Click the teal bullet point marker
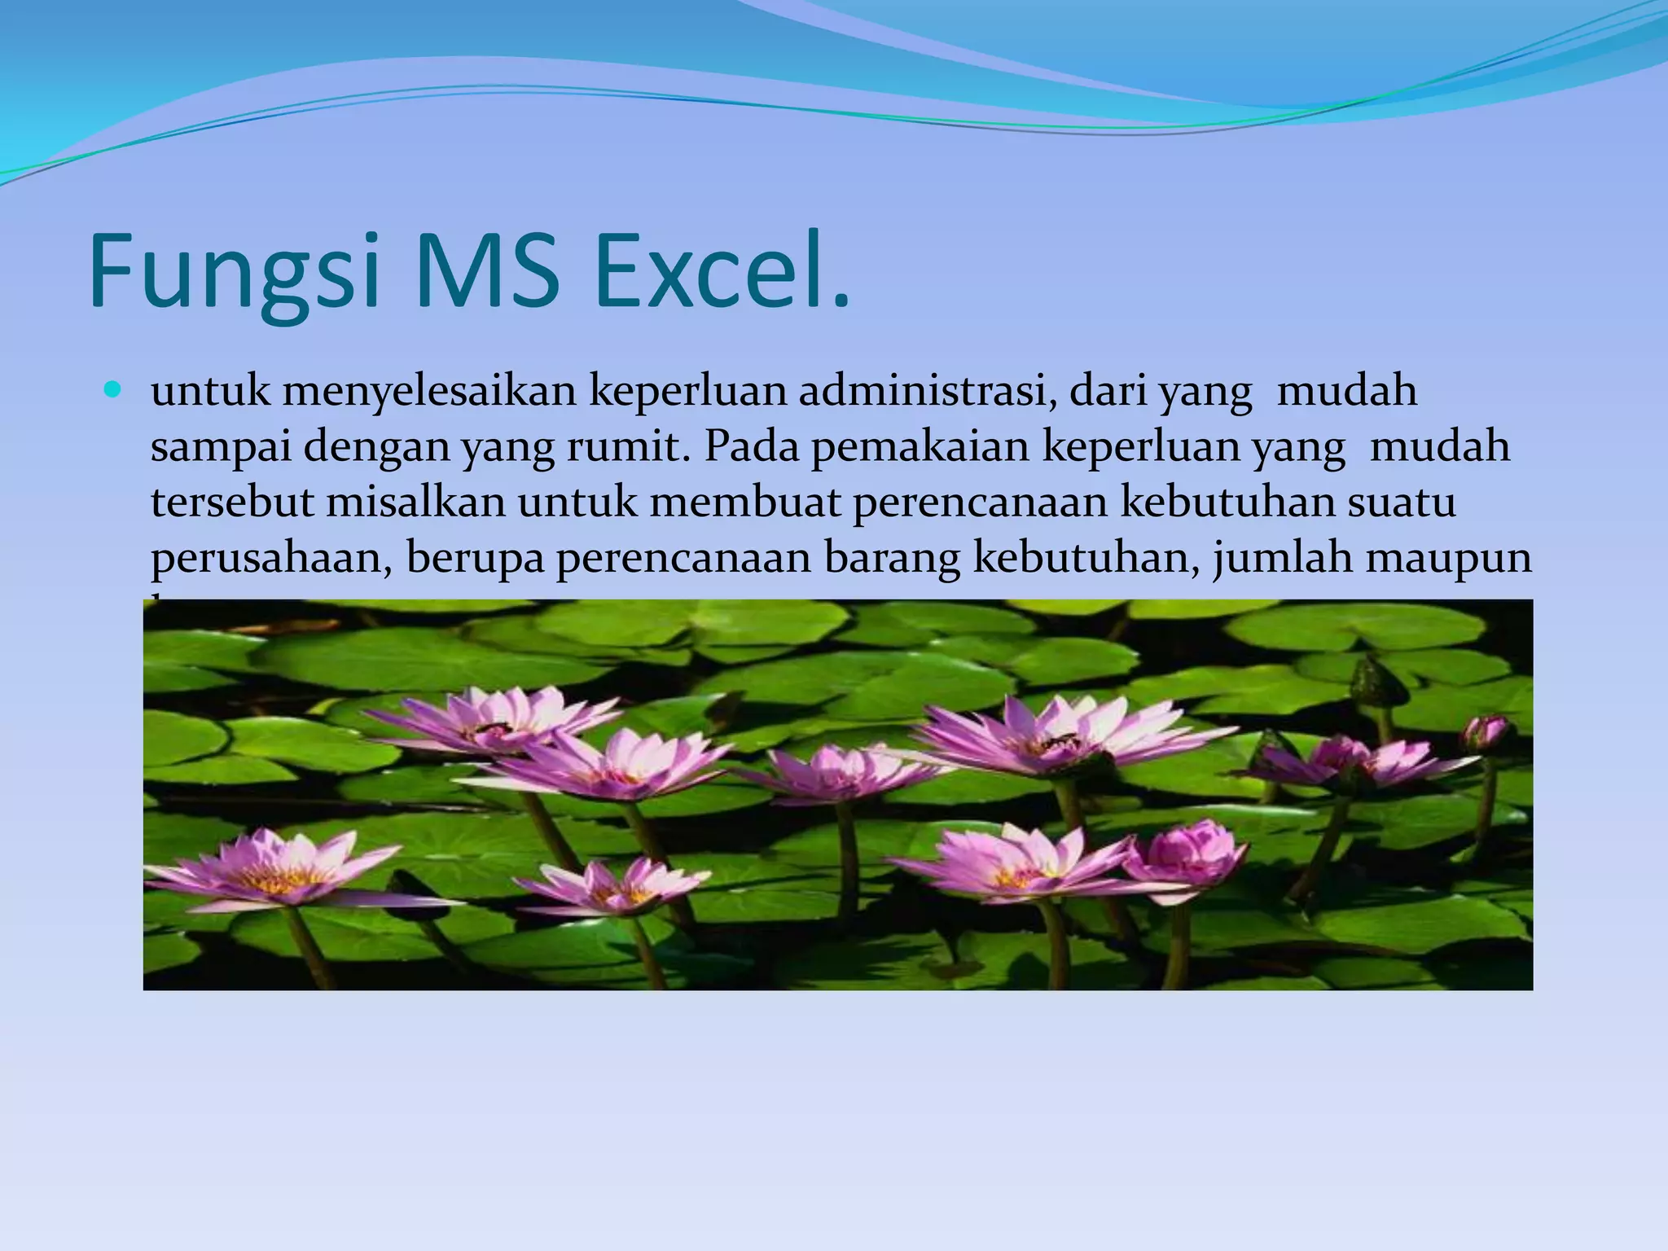click(112, 390)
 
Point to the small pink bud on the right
click(1484, 733)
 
